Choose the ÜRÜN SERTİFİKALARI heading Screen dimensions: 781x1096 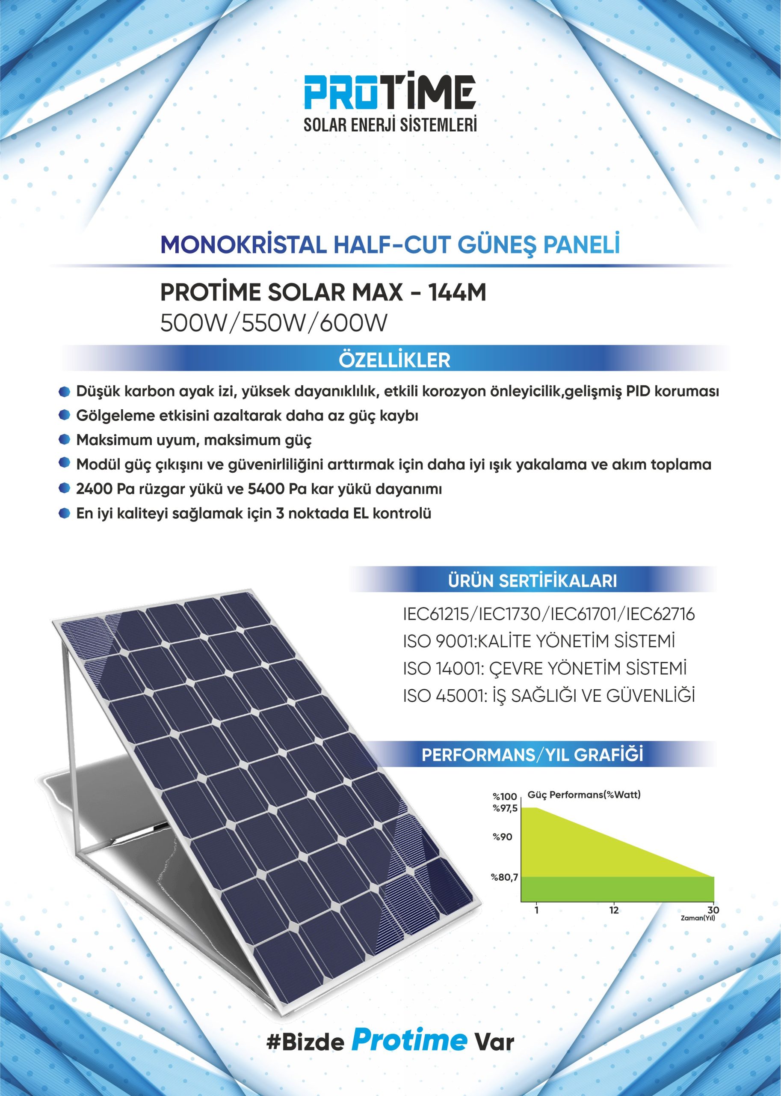[x=532, y=581]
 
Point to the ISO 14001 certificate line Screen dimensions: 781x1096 [x=545, y=668]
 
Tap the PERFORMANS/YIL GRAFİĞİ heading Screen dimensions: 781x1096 [x=532, y=755]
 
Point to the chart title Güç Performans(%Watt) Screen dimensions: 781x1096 [x=584, y=795]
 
